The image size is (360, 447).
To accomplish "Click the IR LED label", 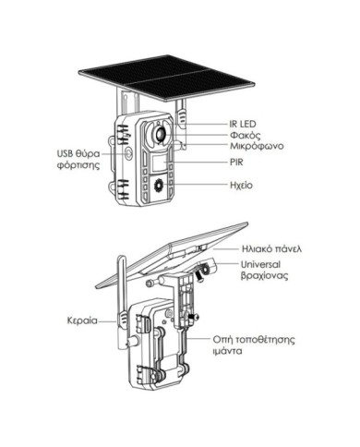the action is click(243, 124).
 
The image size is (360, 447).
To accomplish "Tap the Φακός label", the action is click(245, 135).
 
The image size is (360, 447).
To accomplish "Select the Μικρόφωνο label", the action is click(257, 146).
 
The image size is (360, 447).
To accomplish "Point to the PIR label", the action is click(236, 162).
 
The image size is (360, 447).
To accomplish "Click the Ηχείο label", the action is click(241, 185).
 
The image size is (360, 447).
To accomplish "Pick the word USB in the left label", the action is click(65, 153).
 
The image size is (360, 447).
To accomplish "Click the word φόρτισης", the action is click(78, 165).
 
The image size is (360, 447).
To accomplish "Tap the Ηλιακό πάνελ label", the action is click(271, 248).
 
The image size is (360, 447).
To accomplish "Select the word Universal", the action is click(260, 264).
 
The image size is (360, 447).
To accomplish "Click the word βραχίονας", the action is click(264, 275).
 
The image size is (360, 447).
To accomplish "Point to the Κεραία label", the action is click(82, 320).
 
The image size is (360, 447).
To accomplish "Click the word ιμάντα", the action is click(227, 351).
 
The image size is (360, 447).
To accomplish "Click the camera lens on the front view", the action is click(161, 133).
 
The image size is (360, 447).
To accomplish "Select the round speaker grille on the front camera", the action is click(159, 185).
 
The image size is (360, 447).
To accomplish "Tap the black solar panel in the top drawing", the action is click(166, 78).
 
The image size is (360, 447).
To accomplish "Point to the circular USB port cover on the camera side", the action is click(128, 152).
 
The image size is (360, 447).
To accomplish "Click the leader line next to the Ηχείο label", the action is click(197, 185).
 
